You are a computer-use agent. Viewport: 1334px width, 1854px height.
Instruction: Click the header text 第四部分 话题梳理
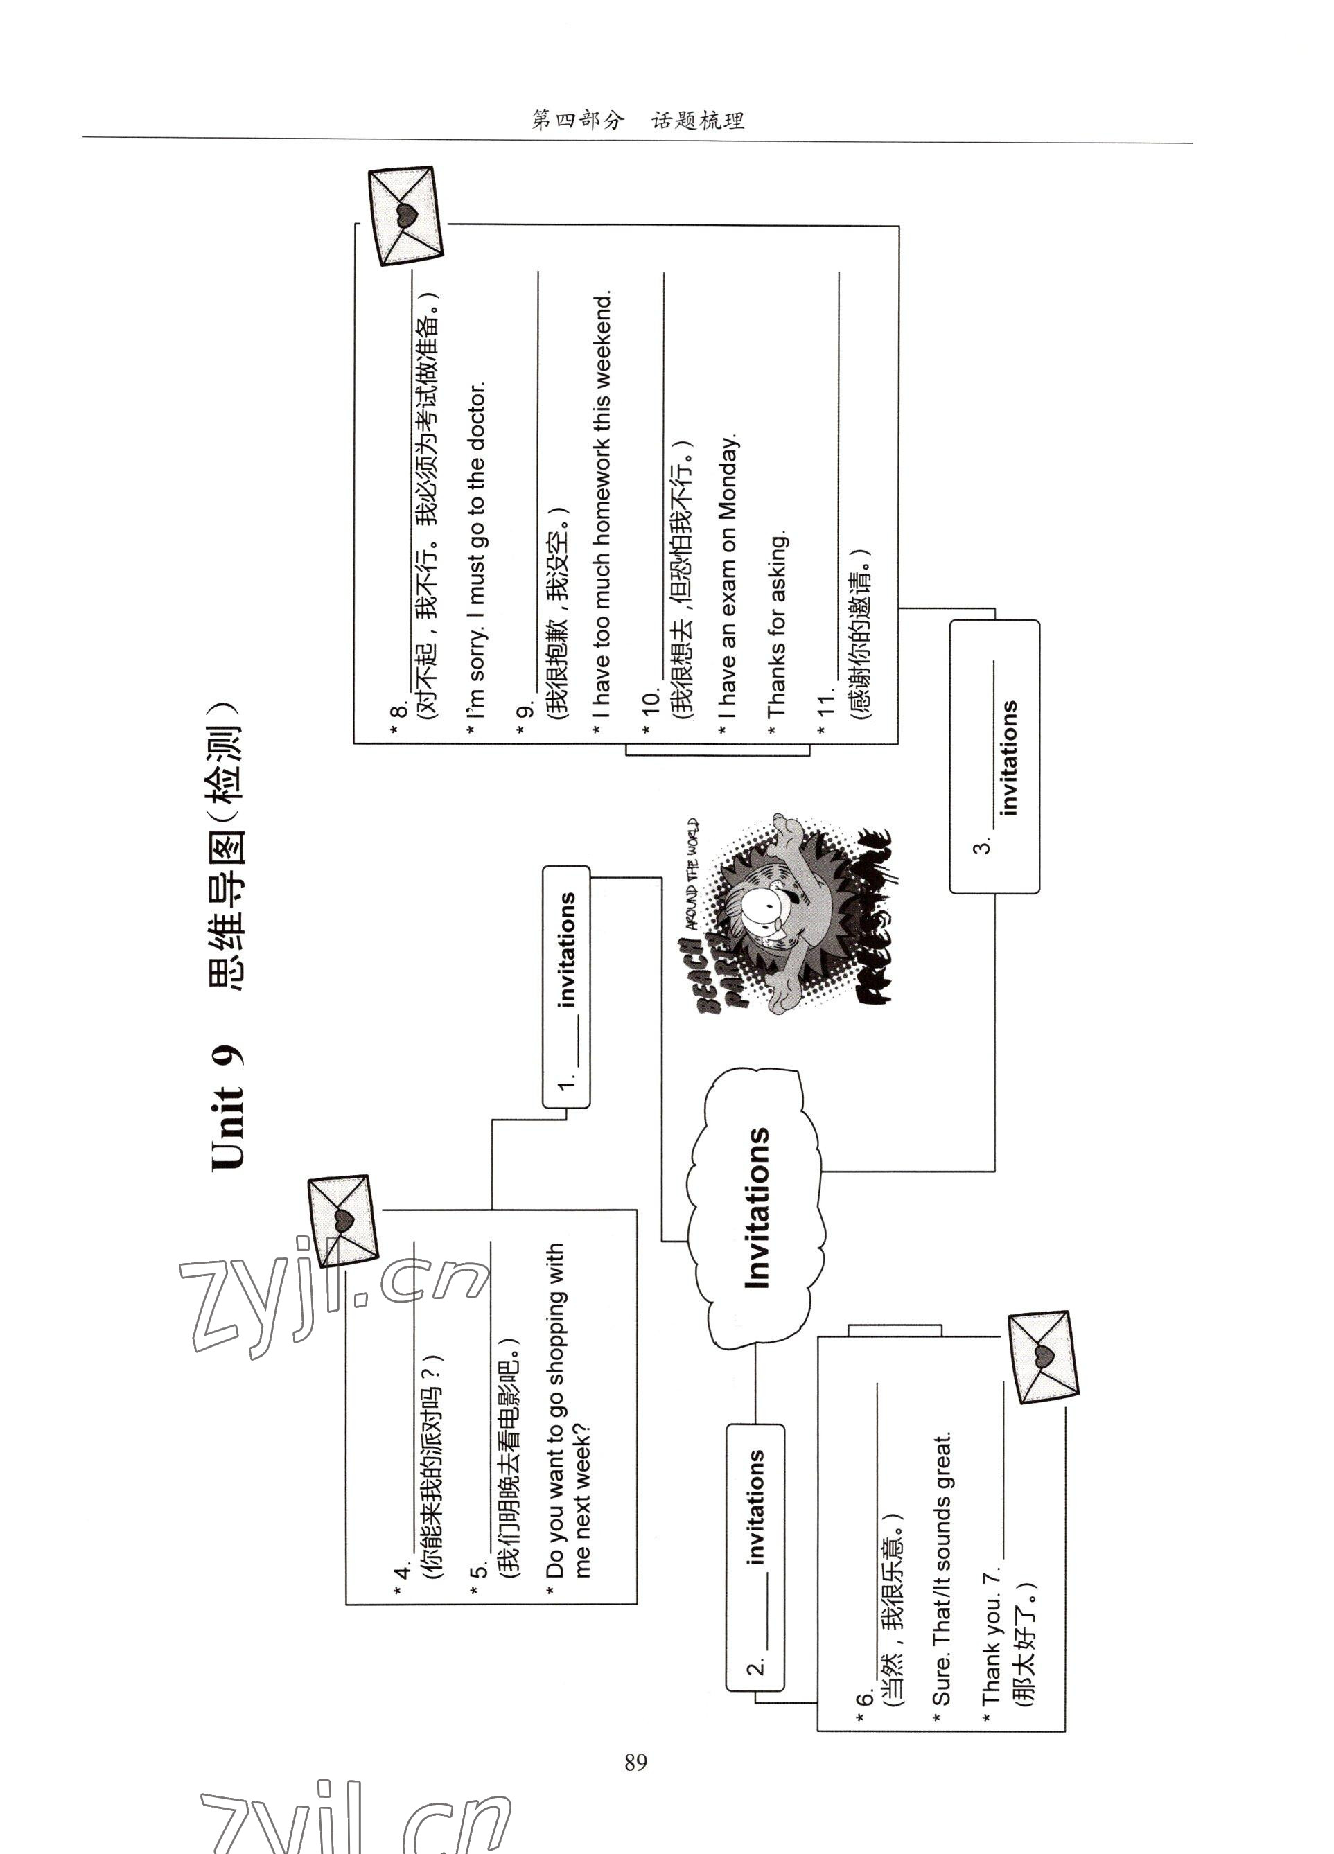(x=638, y=121)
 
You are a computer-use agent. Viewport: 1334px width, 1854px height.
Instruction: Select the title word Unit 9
(x=228, y=1108)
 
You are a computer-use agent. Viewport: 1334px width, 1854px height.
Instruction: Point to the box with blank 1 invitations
(x=566, y=987)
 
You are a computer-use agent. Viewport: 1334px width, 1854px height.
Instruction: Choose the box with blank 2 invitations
(x=755, y=1557)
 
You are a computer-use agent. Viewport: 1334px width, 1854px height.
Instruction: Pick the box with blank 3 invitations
(x=994, y=756)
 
